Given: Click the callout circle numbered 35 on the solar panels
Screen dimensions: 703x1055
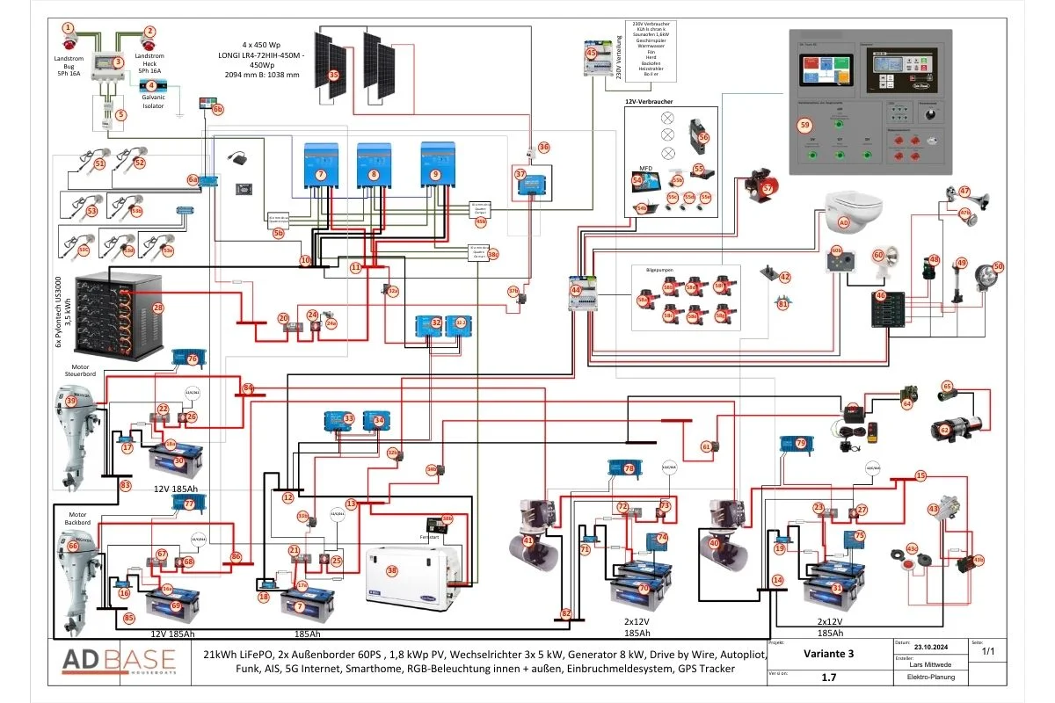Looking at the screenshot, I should point(333,76).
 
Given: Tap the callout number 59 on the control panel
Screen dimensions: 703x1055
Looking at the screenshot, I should point(804,126).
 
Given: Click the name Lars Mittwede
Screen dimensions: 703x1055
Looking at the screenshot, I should point(929,664).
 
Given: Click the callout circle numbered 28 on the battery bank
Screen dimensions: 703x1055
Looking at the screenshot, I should point(158,308).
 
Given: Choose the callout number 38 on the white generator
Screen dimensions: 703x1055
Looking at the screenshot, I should point(392,570).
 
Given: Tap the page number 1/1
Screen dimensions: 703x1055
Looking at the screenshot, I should point(987,651).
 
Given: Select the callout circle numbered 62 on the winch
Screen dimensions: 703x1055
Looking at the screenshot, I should point(944,431).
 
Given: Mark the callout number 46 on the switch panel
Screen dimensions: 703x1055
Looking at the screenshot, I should point(881,296).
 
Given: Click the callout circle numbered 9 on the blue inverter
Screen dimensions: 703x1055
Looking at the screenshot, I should point(435,175).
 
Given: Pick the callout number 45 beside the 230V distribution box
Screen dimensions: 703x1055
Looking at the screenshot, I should point(592,54).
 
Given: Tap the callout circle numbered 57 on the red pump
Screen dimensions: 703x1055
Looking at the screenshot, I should point(768,187).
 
